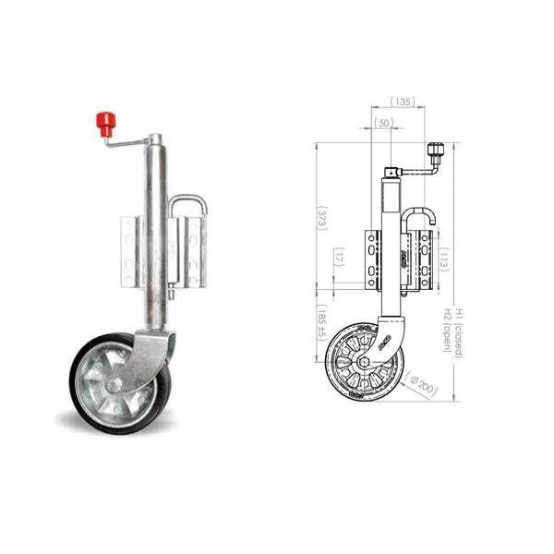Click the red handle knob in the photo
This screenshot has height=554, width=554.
tap(105, 123)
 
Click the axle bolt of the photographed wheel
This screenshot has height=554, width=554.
tap(113, 381)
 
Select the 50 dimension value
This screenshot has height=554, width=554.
tap(384, 122)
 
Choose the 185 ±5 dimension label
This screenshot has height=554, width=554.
tap(322, 323)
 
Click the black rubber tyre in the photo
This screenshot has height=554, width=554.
tap(78, 388)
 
